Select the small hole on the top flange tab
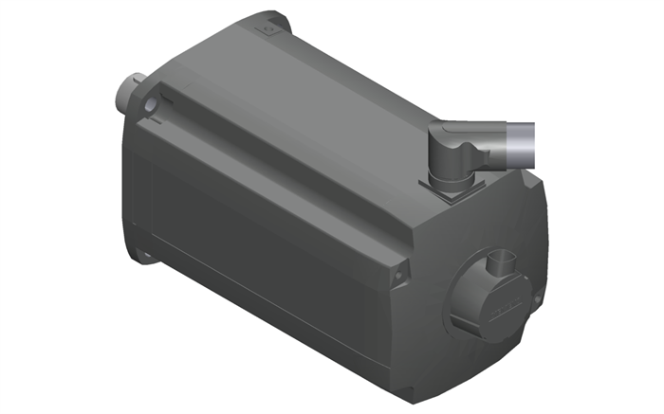268,29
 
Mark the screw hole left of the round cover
399,274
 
